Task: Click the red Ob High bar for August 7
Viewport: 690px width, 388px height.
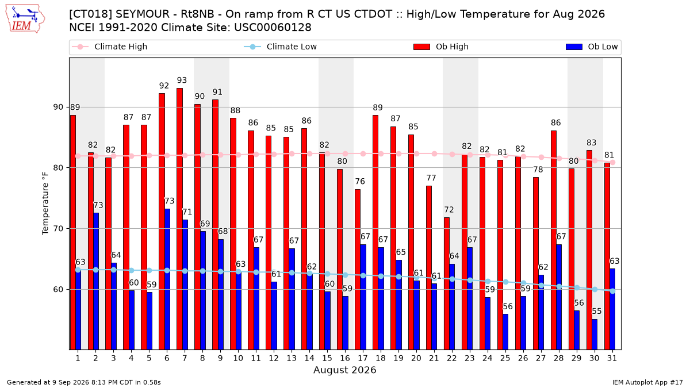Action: pyautogui.click(x=179, y=219)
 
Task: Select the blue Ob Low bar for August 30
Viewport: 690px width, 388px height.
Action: pyautogui.click(x=595, y=335)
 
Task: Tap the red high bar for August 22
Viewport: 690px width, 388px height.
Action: pyautogui.click(x=447, y=283)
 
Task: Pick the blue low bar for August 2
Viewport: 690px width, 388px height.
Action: pyautogui.click(x=96, y=281)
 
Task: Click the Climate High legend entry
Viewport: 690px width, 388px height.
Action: pyautogui.click(x=110, y=47)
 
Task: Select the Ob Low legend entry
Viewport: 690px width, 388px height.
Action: pyautogui.click(x=592, y=47)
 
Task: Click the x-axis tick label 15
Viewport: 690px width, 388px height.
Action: pyautogui.click(x=327, y=358)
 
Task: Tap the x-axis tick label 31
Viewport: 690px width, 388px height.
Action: pyautogui.click(x=612, y=358)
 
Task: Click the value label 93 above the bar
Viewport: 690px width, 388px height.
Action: pyautogui.click(x=182, y=80)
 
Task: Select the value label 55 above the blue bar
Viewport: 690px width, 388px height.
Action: pyautogui.click(x=597, y=312)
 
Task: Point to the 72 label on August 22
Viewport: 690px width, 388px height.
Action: pyautogui.click(x=449, y=210)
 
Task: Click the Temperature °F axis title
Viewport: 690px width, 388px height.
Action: pyautogui.click(x=45, y=203)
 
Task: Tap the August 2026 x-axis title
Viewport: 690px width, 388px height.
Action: pyautogui.click(x=344, y=370)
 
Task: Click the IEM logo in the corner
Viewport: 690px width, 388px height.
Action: pyautogui.click(x=25, y=19)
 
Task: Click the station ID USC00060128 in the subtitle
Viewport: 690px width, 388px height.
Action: pyautogui.click(x=273, y=28)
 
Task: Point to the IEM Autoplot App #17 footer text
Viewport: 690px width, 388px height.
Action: pyautogui.click(x=647, y=382)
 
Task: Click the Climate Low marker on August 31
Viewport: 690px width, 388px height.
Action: pyautogui.click(x=613, y=291)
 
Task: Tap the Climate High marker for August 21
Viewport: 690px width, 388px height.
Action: pyautogui.click(x=434, y=153)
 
